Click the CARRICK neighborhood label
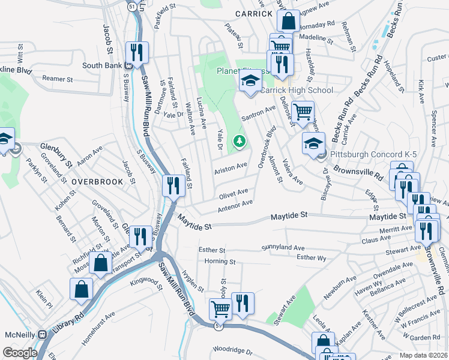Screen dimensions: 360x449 (255, 13)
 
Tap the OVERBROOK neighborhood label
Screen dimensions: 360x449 (97, 181)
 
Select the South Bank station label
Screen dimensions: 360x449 (102, 65)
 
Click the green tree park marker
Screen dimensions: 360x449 (240, 141)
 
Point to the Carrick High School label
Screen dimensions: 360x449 (296, 91)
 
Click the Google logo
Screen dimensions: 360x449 (20, 353)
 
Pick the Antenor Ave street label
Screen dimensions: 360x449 (236, 206)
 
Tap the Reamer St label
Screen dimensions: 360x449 (57, 79)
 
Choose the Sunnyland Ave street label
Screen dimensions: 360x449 (283, 247)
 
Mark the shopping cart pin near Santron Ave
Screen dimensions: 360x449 (303, 111)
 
